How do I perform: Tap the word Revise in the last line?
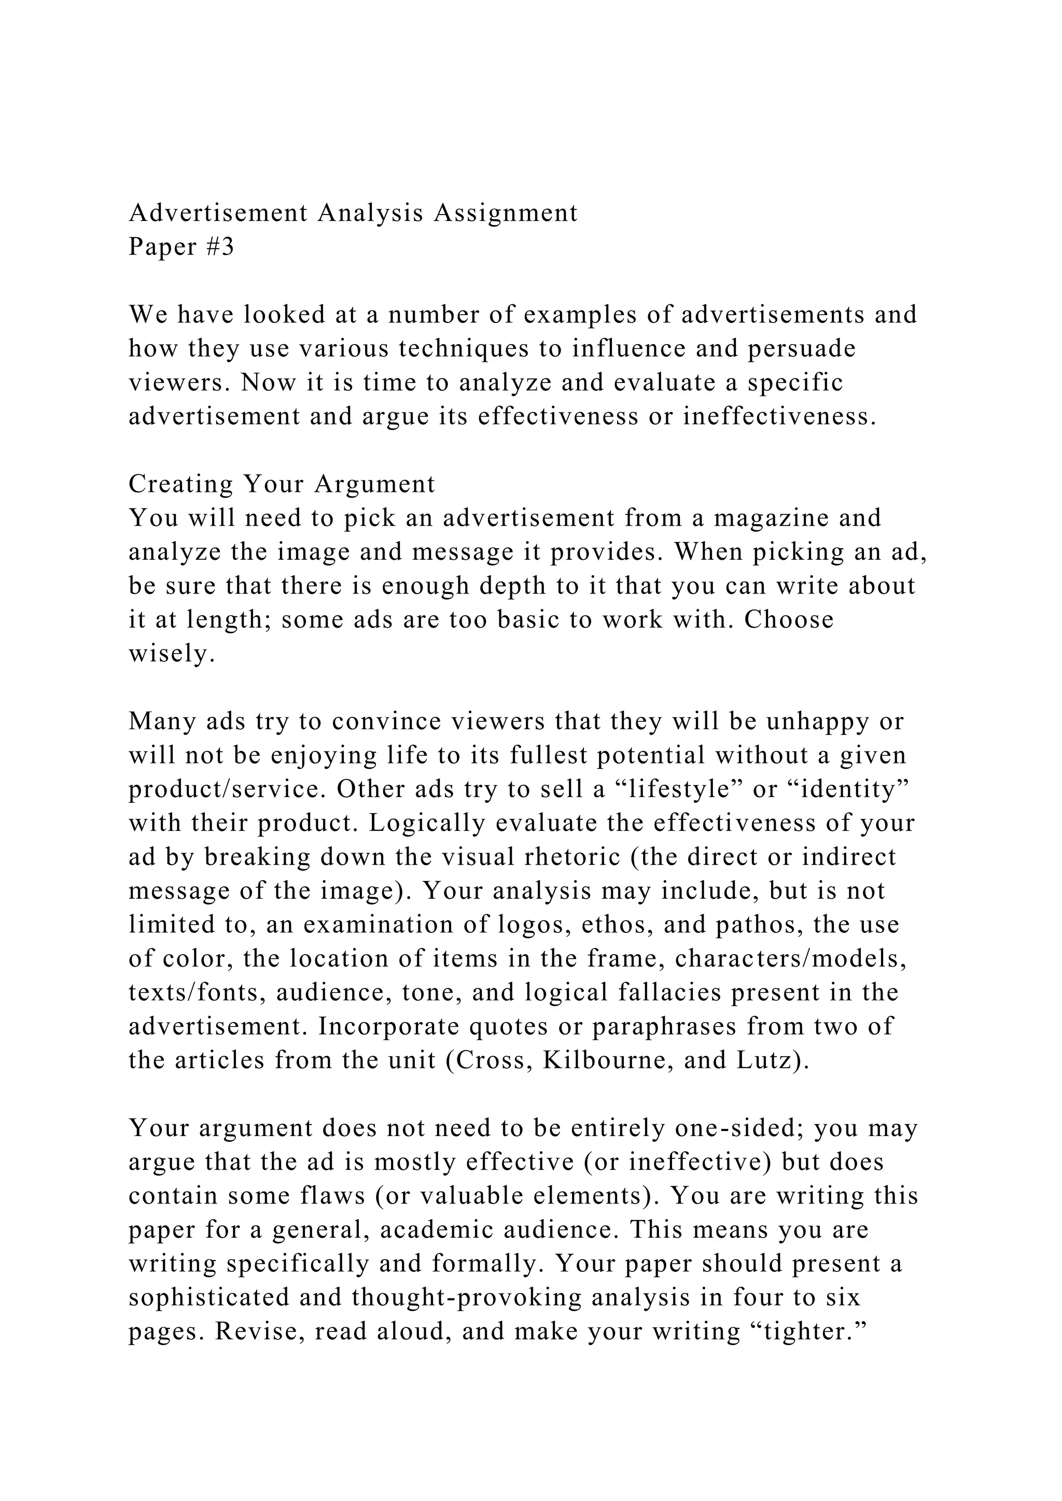point(171,1332)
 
